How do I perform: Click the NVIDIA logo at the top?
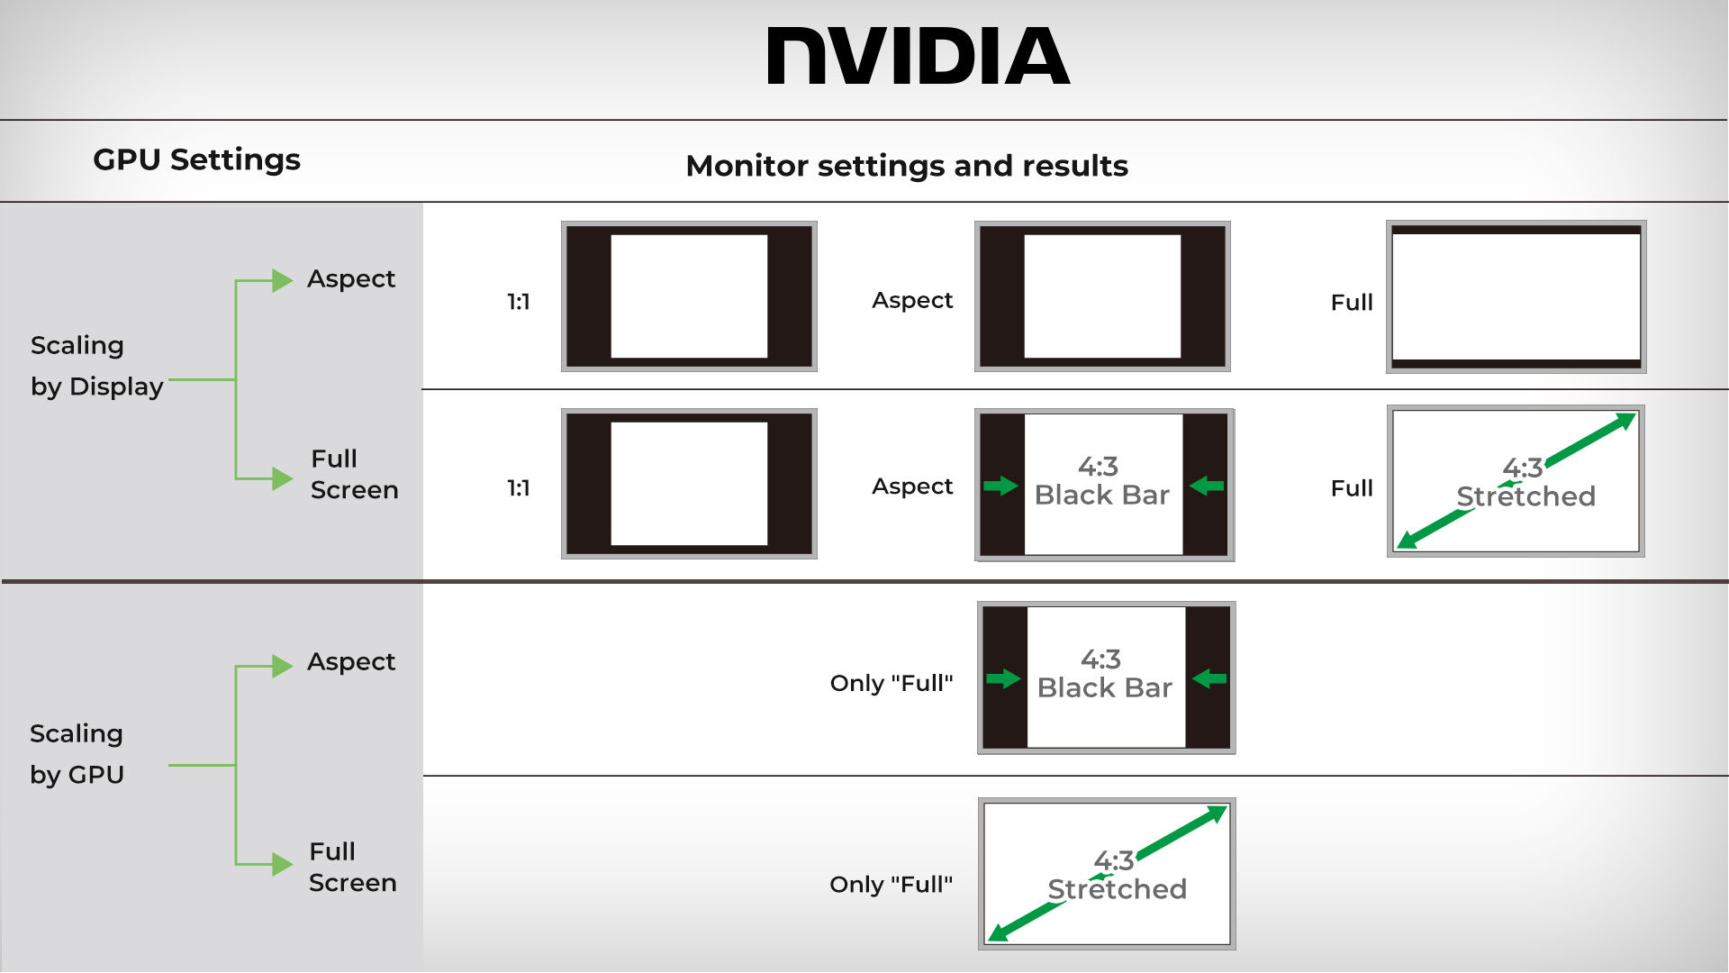coord(918,56)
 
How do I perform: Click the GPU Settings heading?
coord(196,159)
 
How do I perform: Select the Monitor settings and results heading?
coord(906,166)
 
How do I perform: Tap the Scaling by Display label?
coord(96,366)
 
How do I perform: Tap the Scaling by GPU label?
coord(77,754)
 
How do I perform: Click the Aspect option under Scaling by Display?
coord(350,279)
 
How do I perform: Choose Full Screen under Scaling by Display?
coord(354,474)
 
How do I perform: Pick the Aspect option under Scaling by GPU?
coord(350,662)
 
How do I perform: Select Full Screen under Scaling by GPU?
coord(352,867)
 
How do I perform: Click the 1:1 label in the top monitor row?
coord(518,302)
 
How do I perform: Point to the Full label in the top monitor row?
coord(1352,303)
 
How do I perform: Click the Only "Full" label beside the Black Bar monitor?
coord(891,683)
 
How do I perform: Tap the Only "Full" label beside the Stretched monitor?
coord(891,885)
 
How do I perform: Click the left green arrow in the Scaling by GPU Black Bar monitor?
coord(1002,678)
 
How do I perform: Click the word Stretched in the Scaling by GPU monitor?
coord(1117,889)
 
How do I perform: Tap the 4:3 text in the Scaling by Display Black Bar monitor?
coord(1098,467)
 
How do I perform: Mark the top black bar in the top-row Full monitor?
coord(1516,230)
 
